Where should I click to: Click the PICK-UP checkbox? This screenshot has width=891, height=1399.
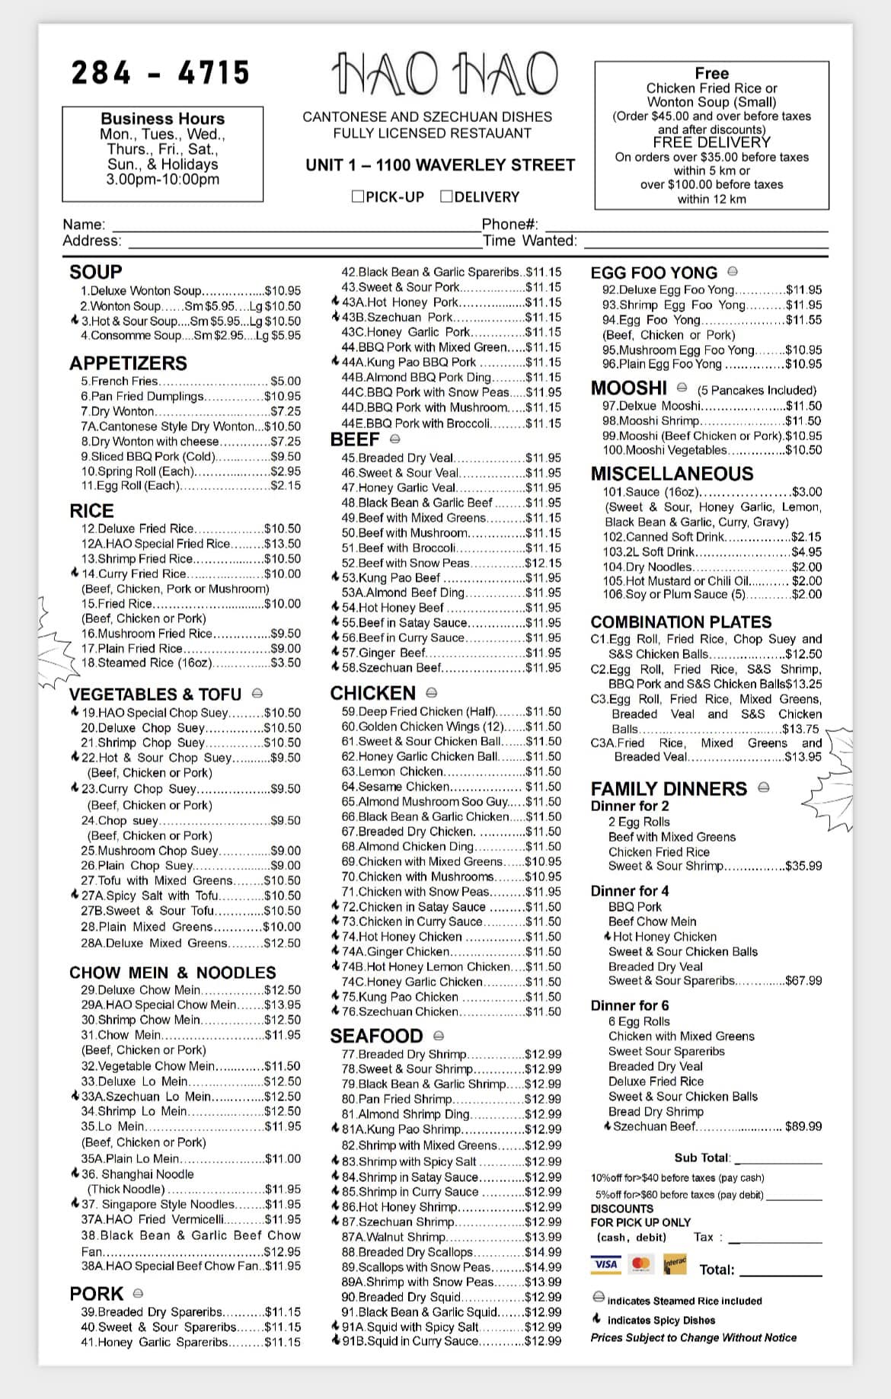[x=357, y=196]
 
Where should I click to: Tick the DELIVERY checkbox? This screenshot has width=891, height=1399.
[x=447, y=196]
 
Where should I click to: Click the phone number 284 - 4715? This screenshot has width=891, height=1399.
[x=161, y=73]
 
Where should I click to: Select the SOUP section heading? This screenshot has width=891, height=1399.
[x=95, y=272]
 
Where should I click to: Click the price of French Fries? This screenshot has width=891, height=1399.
[x=286, y=381]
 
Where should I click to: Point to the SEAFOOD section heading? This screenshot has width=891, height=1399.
[x=376, y=1036]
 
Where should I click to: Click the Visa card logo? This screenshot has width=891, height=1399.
[x=605, y=1264]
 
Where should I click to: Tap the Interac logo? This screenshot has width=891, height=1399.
[x=675, y=1264]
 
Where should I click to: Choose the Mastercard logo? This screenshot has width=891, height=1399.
[x=640, y=1264]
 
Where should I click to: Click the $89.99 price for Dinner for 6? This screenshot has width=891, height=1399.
[x=803, y=1126]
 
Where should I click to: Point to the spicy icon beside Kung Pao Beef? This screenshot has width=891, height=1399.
[x=335, y=577]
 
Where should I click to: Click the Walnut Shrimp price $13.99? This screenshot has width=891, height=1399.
[x=543, y=1237]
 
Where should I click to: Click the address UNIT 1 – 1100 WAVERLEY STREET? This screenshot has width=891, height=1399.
[x=440, y=165]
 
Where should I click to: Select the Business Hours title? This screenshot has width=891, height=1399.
[x=163, y=119]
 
